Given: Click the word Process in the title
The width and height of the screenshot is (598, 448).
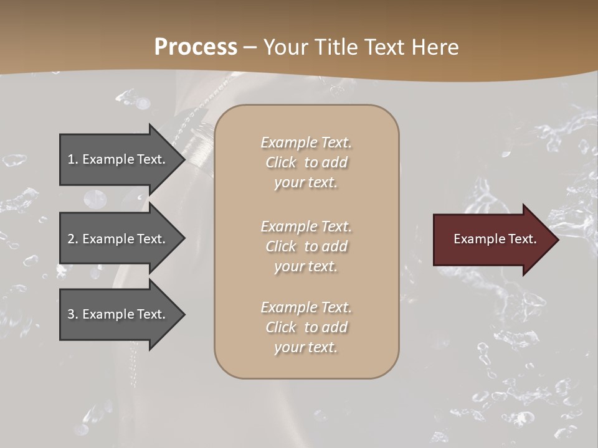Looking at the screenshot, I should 196,47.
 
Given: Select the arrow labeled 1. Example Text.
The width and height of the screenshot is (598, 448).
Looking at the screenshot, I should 118,159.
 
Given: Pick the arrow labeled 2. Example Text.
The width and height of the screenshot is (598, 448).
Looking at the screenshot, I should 118,239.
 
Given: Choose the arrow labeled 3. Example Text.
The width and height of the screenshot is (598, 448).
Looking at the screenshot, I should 118,314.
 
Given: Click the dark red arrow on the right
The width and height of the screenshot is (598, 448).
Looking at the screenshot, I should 492,240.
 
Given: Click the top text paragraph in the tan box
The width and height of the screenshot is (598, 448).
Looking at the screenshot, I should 306,162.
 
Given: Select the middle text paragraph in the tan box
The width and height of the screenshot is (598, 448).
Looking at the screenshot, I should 306,246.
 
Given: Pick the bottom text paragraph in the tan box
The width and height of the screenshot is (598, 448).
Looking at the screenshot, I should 306,327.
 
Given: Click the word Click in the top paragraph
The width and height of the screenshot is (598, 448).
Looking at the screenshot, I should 281,162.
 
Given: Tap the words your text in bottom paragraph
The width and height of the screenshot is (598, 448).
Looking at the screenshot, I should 306,347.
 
